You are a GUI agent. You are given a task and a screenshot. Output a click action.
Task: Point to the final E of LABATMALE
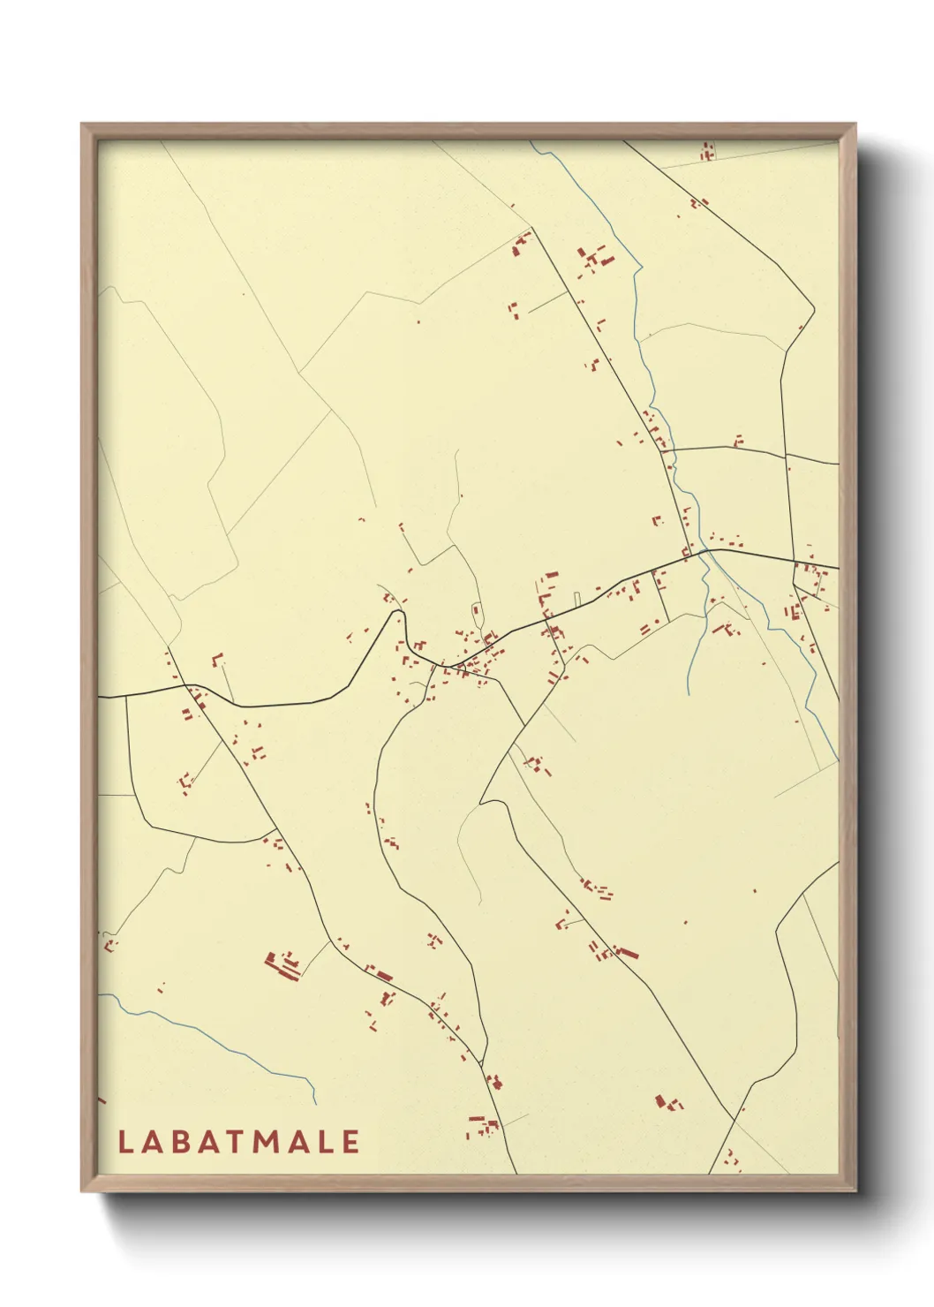350,1142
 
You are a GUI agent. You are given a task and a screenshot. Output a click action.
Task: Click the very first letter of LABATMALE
125,1142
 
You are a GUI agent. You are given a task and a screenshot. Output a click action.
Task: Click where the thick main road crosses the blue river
705,552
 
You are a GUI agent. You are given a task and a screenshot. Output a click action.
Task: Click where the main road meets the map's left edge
100,698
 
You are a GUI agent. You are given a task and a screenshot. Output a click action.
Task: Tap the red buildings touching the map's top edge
707,150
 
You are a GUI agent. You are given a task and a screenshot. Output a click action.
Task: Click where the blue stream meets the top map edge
533,142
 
